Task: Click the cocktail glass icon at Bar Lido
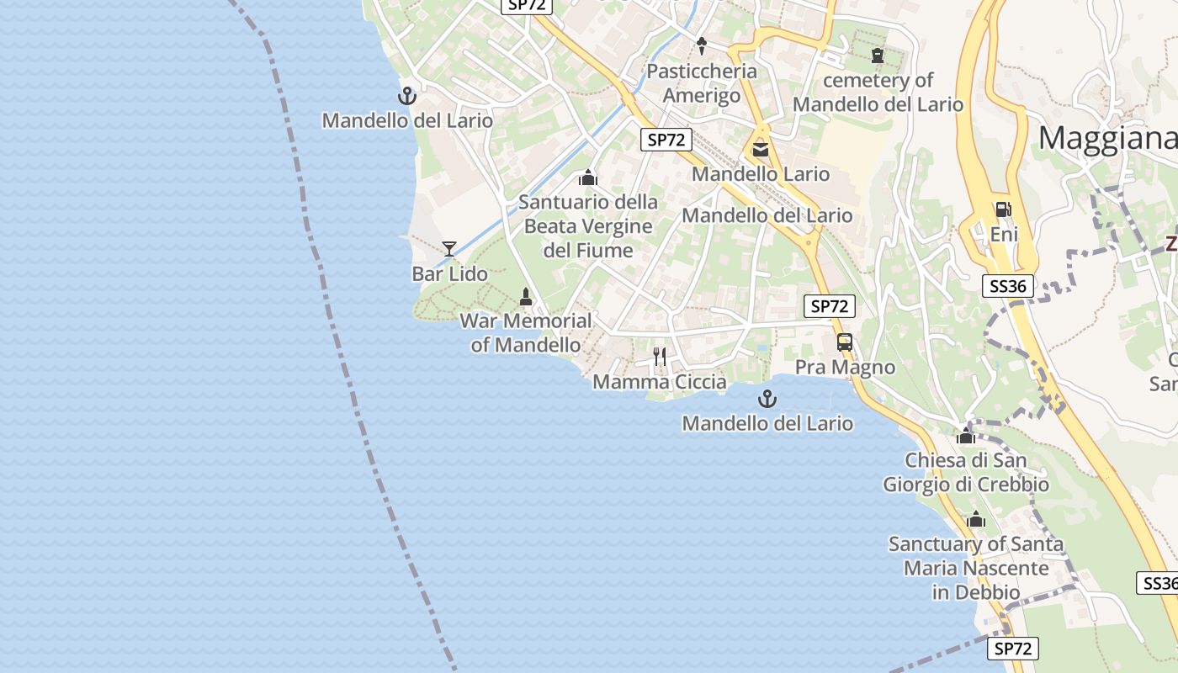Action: click(449, 248)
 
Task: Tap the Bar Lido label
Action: click(449, 273)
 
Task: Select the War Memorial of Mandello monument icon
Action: click(526, 296)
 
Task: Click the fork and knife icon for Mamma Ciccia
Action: click(660, 357)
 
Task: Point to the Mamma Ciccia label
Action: click(660, 382)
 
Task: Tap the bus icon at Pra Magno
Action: click(845, 342)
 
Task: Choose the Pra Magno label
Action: click(845, 368)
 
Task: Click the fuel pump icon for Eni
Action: click(1003, 209)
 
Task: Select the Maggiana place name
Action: click(1106, 137)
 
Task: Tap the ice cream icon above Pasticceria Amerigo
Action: click(702, 45)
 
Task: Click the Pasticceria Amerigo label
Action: click(702, 82)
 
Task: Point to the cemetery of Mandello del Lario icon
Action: click(878, 56)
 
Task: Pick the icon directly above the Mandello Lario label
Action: click(761, 150)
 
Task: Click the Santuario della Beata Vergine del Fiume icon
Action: click(588, 178)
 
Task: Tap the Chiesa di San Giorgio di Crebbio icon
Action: click(966, 436)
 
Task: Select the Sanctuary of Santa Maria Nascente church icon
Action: click(976, 519)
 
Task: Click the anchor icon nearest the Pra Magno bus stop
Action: click(767, 399)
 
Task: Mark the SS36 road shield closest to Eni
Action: click(1008, 286)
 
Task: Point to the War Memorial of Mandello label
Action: click(526, 332)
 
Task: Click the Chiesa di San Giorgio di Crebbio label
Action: click(966, 472)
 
